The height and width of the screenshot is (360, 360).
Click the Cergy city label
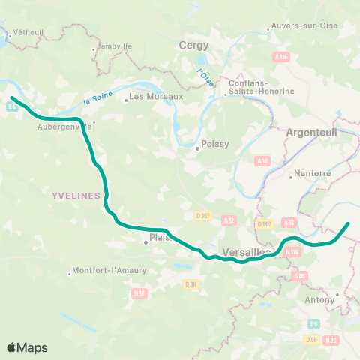(x=193, y=46)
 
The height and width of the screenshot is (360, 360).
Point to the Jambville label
(x=114, y=46)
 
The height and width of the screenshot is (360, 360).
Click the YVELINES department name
(x=76, y=196)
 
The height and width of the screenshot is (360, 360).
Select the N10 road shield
(x=138, y=292)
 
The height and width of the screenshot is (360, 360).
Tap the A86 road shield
(x=301, y=276)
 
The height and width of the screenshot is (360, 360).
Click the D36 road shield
(x=190, y=283)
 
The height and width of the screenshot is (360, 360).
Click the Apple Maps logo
(x=27, y=347)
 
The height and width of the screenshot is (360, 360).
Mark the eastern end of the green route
(x=348, y=223)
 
